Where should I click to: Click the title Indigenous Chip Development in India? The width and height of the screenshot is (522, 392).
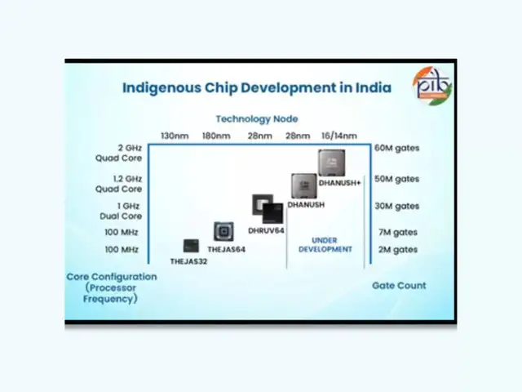(x=256, y=87)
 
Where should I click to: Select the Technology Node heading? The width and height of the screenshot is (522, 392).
(x=256, y=118)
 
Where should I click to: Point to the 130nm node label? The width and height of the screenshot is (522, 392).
(x=175, y=135)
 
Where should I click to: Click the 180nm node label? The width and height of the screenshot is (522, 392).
(x=216, y=135)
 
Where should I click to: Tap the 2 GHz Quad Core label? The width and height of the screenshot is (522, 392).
(x=130, y=154)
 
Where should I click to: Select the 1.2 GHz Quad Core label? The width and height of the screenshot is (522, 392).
(x=128, y=183)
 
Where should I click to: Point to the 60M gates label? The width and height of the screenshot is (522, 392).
(x=396, y=149)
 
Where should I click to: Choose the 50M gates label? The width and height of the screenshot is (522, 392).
(x=396, y=178)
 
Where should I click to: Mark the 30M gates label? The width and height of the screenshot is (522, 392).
(x=396, y=207)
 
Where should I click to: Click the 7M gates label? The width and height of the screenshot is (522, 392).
(x=396, y=232)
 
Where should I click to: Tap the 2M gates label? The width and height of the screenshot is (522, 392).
(x=396, y=249)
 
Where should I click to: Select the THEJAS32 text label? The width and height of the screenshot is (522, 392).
(x=188, y=262)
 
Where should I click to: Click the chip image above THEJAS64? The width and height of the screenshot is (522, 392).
(x=223, y=231)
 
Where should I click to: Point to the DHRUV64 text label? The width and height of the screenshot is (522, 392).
(x=266, y=231)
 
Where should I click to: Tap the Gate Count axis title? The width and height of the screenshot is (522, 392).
(x=399, y=286)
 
